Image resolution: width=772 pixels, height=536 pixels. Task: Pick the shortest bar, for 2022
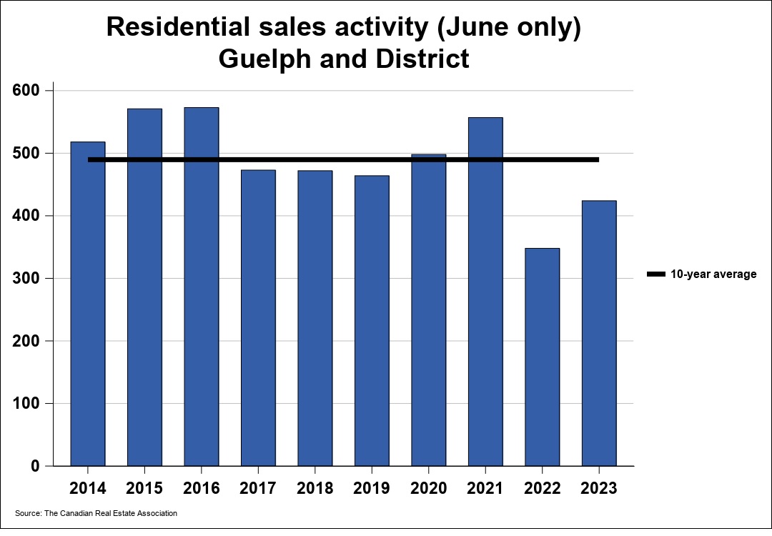pos(543,357)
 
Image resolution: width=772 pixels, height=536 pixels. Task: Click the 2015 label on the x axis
pos(144,489)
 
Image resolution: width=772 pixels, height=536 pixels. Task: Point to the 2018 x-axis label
pos(315,489)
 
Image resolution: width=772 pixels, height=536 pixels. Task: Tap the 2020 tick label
pos(429,489)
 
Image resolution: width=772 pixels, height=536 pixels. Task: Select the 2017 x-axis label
pos(258,489)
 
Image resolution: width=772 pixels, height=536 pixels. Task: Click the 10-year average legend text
pos(713,274)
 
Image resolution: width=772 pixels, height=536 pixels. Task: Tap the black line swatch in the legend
pos(655,274)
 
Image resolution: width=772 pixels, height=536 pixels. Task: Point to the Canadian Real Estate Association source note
pos(96,513)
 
